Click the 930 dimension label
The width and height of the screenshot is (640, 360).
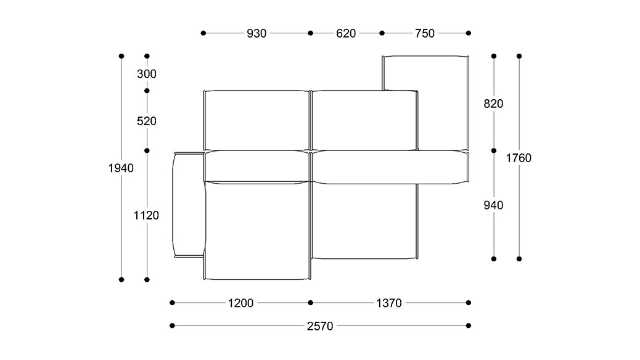tap(256, 33)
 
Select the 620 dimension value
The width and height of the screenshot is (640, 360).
tap(346, 33)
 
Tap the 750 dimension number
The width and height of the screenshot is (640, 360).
tap(425, 33)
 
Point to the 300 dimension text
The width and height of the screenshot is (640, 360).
tap(147, 74)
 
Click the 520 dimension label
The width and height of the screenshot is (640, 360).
tap(147, 121)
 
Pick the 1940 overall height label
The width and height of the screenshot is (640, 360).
tap(121, 168)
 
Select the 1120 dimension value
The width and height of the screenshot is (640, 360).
tap(147, 215)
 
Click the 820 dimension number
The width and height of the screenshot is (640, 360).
tap(493, 104)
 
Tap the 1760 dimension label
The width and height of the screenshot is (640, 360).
tap(519, 158)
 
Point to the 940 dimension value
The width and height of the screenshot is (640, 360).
tap(493, 205)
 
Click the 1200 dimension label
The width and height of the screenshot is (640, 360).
tap(240, 303)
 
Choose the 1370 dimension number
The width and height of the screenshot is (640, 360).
tap(389, 303)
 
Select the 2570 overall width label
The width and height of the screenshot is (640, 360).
tap(320, 325)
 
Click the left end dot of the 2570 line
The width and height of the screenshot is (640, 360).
tap(172, 325)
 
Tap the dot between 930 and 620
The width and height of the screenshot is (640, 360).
tap(311, 33)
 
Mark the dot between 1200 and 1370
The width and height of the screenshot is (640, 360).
tap(311, 303)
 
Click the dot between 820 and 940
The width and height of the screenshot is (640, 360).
tap(494, 150)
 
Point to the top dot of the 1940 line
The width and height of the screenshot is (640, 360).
tap(121, 56)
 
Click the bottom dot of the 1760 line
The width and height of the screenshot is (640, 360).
tap(519, 259)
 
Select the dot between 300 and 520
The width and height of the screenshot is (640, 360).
tap(147, 91)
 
